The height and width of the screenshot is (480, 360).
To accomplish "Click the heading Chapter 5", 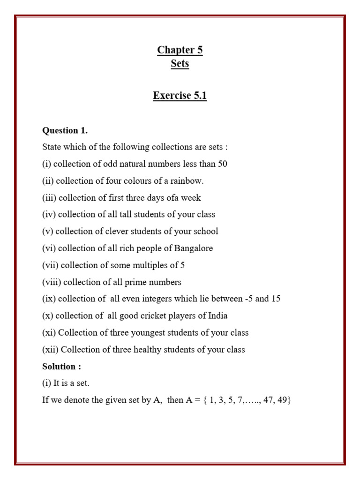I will pyautogui.click(x=180, y=50).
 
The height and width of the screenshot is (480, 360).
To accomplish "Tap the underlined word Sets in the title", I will pyautogui.click(x=180, y=64).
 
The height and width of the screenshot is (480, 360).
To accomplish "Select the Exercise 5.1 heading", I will pyautogui.click(x=180, y=96).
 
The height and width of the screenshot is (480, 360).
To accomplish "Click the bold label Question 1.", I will pyautogui.click(x=65, y=130).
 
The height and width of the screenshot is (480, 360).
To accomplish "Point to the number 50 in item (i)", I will pyautogui.click(x=222, y=164).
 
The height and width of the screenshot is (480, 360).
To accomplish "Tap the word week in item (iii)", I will pyautogui.click(x=191, y=198).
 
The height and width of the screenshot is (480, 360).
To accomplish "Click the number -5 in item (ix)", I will pyautogui.click(x=247, y=299).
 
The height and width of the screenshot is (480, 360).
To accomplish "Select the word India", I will pyautogui.click(x=217, y=316).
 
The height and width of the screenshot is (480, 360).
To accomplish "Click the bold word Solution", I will pyautogui.click(x=57, y=367).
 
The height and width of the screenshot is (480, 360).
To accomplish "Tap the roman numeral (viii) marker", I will pyautogui.click(x=52, y=282).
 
